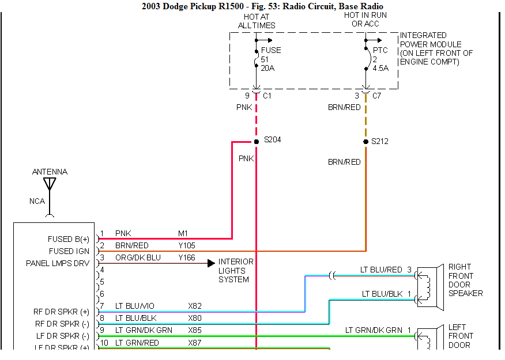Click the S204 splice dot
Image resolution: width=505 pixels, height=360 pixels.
tap(256, 141)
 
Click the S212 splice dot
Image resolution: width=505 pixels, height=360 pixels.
tap(365, 141)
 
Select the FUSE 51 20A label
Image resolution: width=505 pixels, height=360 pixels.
tap(271, 59)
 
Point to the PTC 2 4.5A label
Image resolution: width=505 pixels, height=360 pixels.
tap(380, 59)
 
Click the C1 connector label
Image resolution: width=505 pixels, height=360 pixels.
tap(267, 96)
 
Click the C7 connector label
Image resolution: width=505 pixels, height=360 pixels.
tap(376, 96)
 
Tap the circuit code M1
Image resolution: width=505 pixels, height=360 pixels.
tap(183, 233)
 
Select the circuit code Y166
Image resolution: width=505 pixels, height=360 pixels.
tap(187, 257)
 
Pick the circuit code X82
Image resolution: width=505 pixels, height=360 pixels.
tap(195, 306)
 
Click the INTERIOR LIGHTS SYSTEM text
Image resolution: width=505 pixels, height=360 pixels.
tap(235, 271)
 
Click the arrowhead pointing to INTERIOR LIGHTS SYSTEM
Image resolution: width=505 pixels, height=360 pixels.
tap(212, 263)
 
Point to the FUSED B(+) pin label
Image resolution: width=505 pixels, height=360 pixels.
tap(69, 239)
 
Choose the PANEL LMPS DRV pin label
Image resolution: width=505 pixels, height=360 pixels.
tap(58, 263)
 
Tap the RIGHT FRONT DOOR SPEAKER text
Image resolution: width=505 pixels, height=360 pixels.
tap(465, 280)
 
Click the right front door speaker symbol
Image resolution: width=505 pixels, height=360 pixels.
tap(427, 285)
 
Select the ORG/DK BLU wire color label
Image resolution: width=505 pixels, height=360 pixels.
tap(138, 257)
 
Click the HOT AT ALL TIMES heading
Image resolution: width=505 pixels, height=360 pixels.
tap(257, 21)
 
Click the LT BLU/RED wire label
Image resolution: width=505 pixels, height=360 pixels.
tap(381, 270)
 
